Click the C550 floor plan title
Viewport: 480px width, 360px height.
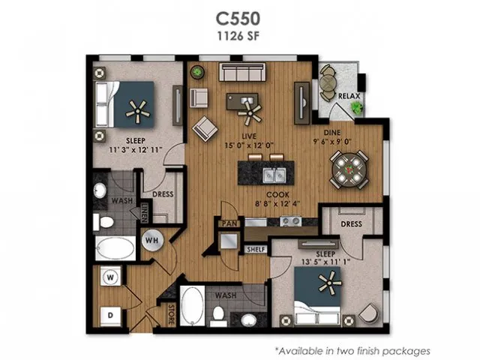(238, 18)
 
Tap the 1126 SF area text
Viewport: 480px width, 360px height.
(238, 36)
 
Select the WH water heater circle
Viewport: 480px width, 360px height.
(152, 240)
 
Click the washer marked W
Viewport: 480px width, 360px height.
(110, 277)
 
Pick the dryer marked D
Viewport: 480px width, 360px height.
(110, 315)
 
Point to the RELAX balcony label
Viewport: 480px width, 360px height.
(349, 96)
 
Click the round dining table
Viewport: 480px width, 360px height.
(349, 169)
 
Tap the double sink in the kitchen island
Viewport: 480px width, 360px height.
(274, 175)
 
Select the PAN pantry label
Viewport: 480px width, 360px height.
(229, 223)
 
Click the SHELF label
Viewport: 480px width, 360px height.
(256, 250)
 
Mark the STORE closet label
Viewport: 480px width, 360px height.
(172, 314)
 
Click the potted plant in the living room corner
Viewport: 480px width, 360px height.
(197, 72)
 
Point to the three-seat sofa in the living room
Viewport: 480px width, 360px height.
(242, 72)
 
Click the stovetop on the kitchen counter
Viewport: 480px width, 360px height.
(290, 220)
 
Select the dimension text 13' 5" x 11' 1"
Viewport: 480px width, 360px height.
(325, 262)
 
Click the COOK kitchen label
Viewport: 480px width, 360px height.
(277, 195)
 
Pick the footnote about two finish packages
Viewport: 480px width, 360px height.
(352, 350)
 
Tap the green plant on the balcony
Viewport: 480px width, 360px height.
(357, 107)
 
